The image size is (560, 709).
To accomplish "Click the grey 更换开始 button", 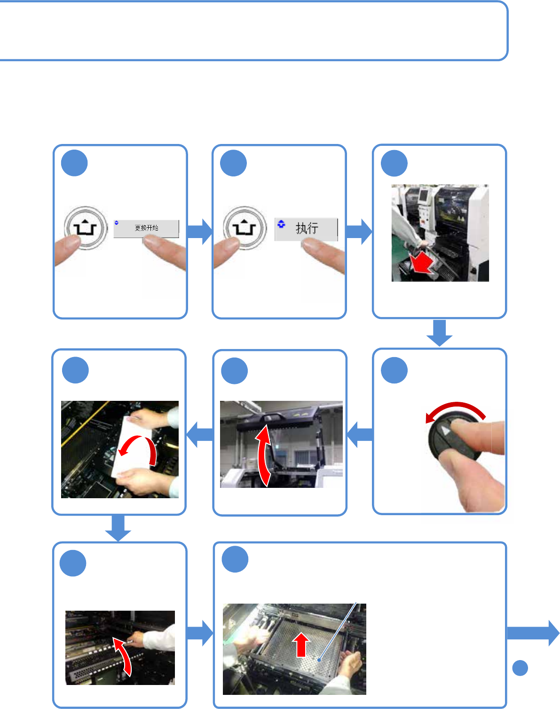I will [x=146, y=228].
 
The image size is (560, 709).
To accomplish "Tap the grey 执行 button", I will [x=307, y=229].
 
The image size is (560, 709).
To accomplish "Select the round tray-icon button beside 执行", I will [x=245, y=229].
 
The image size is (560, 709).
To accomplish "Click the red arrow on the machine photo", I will [x=421, y=262].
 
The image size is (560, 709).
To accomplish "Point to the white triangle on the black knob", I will [x=445, y=431].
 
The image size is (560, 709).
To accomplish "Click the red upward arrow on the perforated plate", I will [x=302, y=644].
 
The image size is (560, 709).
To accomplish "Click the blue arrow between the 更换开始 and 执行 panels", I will [x=199, y=231].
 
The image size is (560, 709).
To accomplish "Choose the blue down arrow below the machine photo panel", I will [x=439, y=333].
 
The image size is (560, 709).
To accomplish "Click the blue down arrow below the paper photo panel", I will [x=118, y=527].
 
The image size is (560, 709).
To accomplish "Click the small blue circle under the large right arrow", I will [x=520, y=668].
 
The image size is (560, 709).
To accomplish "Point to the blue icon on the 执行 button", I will [x=281, y=224].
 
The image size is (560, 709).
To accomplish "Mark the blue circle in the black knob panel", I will [x=394, y=370].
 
